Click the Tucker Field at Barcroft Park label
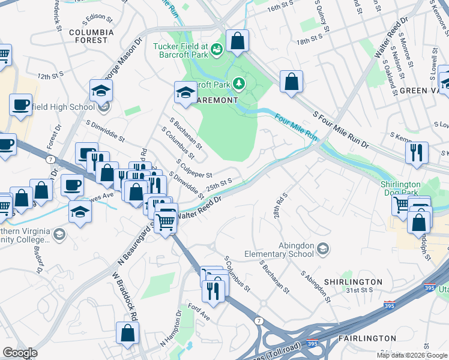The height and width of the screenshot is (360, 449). pos(180,50)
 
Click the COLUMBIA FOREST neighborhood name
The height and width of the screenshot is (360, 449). pos(91,37)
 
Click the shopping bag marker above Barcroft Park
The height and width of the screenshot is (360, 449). pos(238,42)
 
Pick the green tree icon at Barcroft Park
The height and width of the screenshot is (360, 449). pos(240,82)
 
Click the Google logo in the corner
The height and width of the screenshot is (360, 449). pos(20,353)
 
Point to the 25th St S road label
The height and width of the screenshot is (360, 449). pos(219,184)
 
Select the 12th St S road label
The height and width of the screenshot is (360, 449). pos(50,77)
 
